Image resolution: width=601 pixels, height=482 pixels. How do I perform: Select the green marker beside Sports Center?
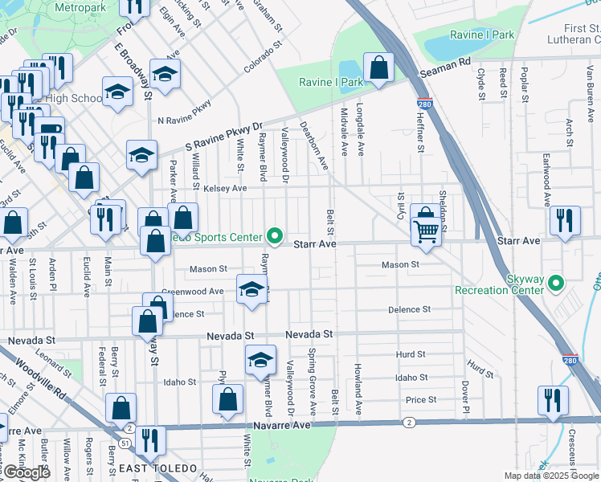[x=275, y=236]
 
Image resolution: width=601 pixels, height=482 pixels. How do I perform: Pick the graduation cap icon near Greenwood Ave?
[x=251, y=289]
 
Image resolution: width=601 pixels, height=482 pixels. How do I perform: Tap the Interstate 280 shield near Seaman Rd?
[x=424, y=104]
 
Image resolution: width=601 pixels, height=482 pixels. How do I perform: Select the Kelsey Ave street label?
[x=226, y=188]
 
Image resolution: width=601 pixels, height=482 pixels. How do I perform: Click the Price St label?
[x=421, y=399]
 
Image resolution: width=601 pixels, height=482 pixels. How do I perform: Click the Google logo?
[x=27, y=472]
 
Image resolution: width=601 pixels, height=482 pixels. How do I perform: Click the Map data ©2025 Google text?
[x=550, y=476]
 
